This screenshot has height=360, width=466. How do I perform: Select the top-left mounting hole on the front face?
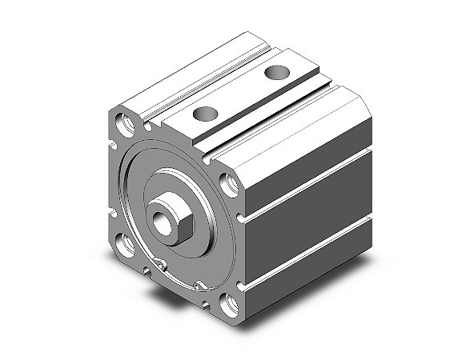point(126,124)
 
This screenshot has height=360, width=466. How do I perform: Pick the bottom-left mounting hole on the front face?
point(127,241)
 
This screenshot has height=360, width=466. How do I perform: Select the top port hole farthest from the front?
point(276,74)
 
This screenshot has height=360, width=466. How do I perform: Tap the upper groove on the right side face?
point(312,180)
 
